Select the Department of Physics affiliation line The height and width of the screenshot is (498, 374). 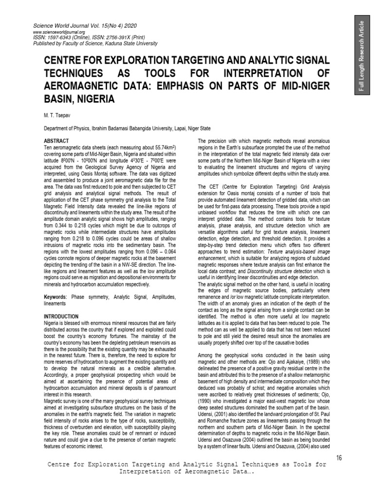coord(127,128)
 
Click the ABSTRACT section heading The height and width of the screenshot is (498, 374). coord(56,141)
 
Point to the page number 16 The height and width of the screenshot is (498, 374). coord(340,457)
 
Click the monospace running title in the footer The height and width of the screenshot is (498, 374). coord(187,468)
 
